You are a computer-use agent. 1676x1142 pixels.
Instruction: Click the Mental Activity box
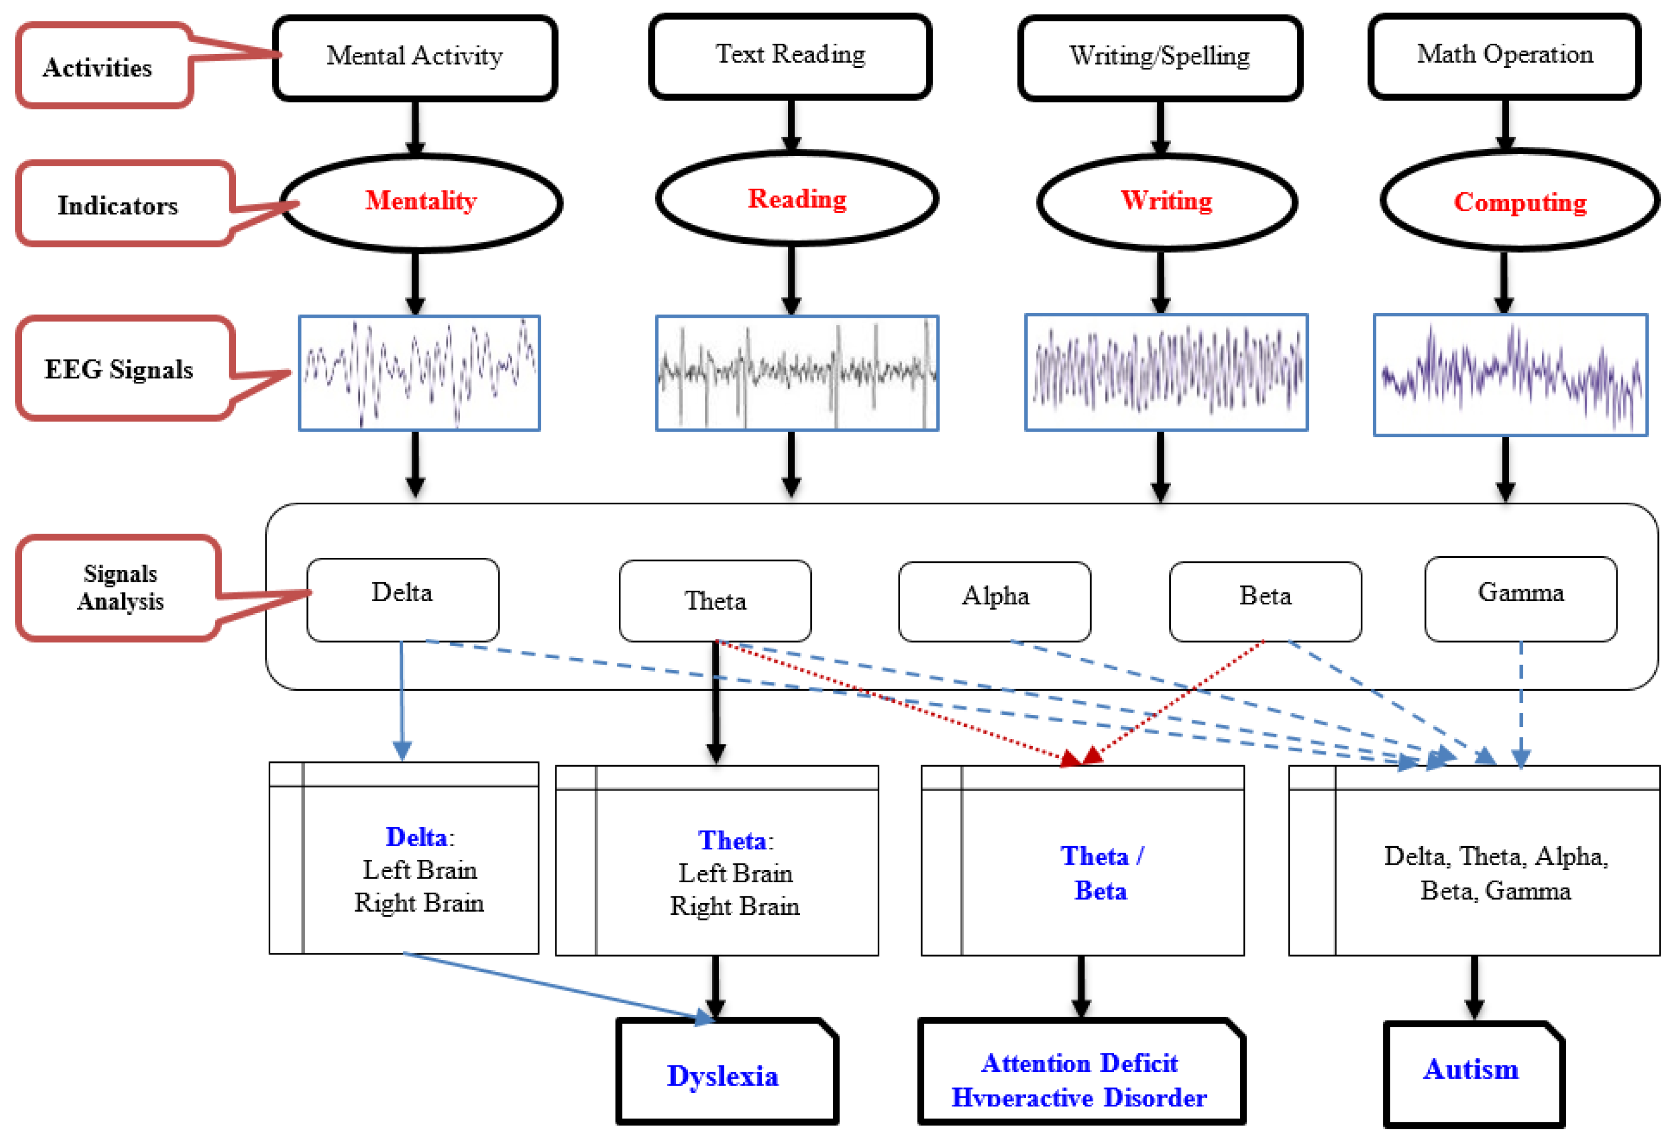pyautogui.click(x=415, y=57)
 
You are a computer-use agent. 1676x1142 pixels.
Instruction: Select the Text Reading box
pyautogui.click(x=791, y=56)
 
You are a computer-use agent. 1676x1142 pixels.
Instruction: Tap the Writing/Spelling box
pyautogui.click(x=1159, y=57)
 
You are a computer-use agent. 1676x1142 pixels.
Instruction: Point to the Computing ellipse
pyautogui.click(x=1520, y=202)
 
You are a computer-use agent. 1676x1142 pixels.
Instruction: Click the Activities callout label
pyautogui.click(x=98, y=67)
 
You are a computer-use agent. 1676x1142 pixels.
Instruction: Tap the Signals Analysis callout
pyautogui.click(x=120, y=587)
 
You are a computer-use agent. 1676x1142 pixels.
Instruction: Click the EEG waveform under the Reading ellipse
pyautogui.click(x=797, y=373)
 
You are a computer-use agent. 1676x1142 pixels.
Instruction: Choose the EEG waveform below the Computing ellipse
pyautogui.click(x=1510, y=375)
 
